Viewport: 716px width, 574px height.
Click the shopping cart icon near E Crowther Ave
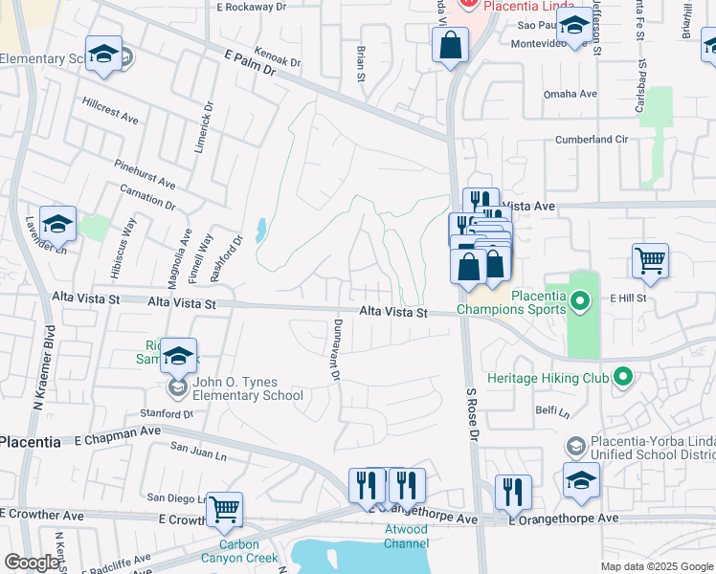[x=224, y=510]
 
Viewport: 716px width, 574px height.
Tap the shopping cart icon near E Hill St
[x=650, y=261]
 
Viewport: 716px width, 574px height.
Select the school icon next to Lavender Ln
[x=57, y=224]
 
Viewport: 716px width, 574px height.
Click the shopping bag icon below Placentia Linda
[x=450, y=45]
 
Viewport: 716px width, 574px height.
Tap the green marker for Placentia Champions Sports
[x=578, y=303]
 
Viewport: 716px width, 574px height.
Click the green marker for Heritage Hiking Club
[x=623, y=378]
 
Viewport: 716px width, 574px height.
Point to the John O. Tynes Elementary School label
[x=248, y=389]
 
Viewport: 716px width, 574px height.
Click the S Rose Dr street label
[x=472, y=414]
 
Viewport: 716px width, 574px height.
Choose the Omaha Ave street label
[x=571, y=94]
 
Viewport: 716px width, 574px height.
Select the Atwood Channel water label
[x=406, y=536]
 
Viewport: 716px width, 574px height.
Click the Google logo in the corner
[x=33, y=563]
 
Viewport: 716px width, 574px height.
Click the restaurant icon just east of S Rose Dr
[x=513, y=492]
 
